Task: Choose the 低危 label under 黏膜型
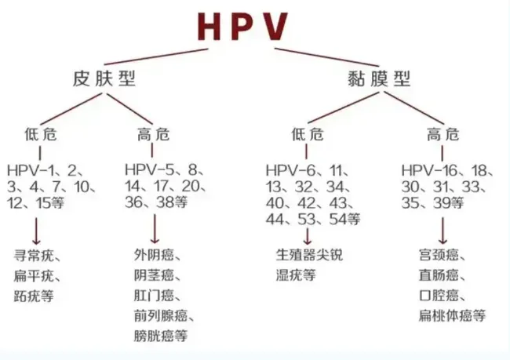pyautogui.click(x=306, y=133)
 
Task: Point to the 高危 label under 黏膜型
pyautogui.click(x=443, y=133)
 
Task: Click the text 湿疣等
pyautogui.click(x=297, y=276)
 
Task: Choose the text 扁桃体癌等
pyautogui.click(x=453, y=316)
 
